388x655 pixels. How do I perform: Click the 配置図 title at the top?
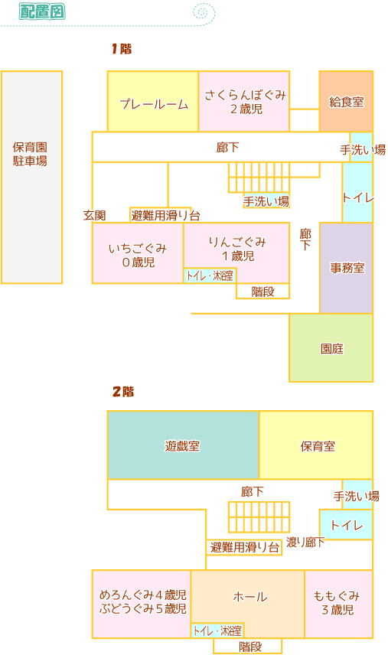tap(42, 11)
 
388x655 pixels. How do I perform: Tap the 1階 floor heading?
tap(122, 49)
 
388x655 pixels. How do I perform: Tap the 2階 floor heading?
tap(123, 392)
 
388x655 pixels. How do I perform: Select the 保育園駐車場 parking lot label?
tap(30, 154)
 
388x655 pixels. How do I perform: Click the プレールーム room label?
tap(154, 103)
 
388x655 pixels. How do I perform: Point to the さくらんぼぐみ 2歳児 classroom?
tap(244, 102)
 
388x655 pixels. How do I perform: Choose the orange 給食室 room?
tap(346, 102)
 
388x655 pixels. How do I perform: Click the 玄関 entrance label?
tap(94, 216)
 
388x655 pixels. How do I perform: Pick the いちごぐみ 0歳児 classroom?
tap(138, 253)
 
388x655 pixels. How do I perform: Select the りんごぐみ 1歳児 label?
tap(237, 249)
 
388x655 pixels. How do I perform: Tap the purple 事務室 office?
tap(346, 268)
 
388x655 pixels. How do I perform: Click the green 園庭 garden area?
tap(331, 348)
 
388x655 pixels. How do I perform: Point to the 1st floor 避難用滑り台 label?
tap(165, 216)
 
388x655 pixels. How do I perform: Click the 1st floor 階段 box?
tap(262, 292)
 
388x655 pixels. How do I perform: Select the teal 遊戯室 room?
tap(184, 445)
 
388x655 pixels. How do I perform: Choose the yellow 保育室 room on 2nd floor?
tap(316, 445)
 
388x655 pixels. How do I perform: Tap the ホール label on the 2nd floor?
tap(249, 597)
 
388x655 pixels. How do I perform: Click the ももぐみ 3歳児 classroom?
tap(339, 604)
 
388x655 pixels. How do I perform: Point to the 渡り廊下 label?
tap(305, 543)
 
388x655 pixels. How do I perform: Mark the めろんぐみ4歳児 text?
tap(143, 595)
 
